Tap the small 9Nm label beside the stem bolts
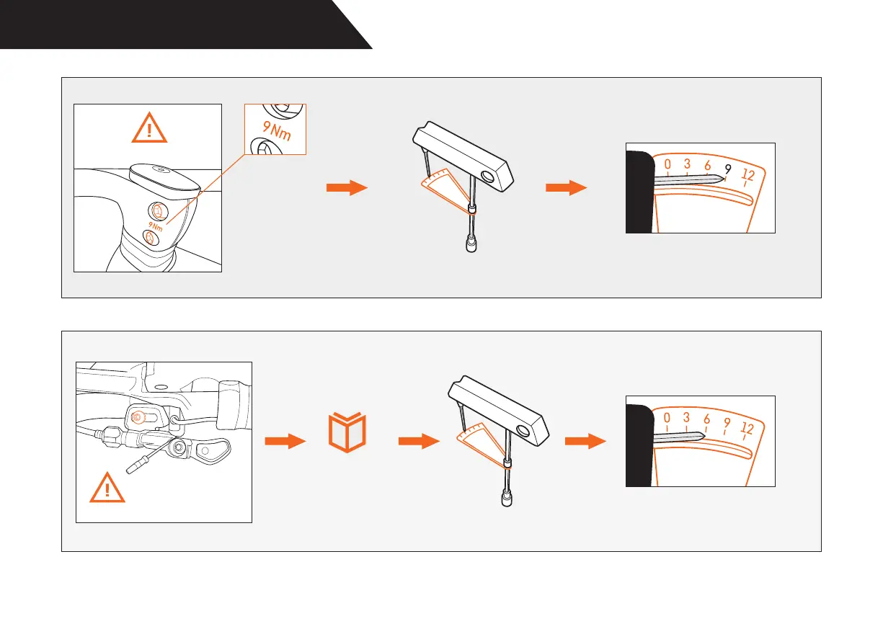click(156, 225)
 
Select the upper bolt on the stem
click(157, 210)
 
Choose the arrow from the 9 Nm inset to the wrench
click(347, 187)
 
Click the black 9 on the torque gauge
click(728, 169)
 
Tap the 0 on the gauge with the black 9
click(667, 165)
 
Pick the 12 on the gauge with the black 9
click(747, 174)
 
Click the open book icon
click(347, 432)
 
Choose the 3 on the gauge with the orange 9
click(686, 418)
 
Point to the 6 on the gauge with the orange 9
click(707, 419)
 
